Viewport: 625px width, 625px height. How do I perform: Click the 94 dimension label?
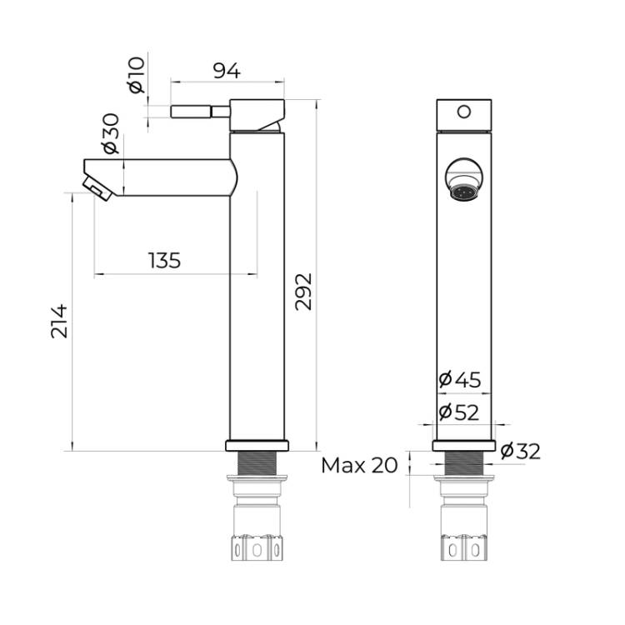tap(227, 71)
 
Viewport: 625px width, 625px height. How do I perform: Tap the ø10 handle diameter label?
tap(136, 75)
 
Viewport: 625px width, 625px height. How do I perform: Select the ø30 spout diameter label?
tap(111, 133)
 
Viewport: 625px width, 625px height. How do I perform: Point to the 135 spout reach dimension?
tap(165, 260)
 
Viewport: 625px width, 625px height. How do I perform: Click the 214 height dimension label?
tap(59, 322)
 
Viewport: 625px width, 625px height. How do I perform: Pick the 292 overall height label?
tap(303, 292)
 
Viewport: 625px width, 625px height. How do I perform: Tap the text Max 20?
tap(359, 465)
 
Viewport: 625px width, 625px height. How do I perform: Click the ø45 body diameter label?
tap(459, 379)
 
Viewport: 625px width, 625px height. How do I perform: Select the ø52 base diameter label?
tap(459, 412)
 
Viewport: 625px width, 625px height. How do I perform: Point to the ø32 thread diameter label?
tap(520, 451)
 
